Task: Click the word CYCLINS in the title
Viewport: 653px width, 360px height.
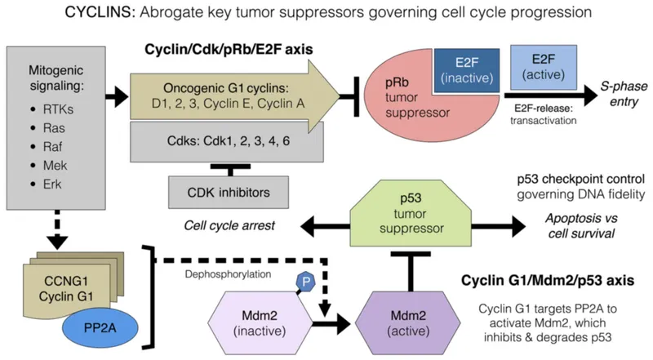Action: [x=96, y=16]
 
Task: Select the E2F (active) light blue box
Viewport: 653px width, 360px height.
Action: [x=544, y=69]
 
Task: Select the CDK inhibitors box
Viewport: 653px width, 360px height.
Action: [x=218, y=193]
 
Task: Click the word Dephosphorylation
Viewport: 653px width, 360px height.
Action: [x=224, y=275]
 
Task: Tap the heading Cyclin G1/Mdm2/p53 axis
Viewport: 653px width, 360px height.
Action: [x=555, y=282]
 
